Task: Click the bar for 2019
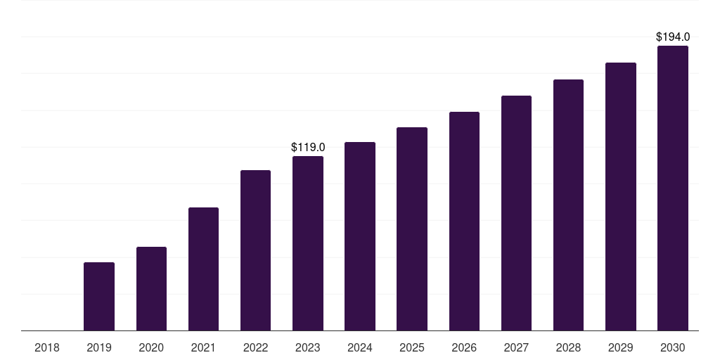(x=99, y=296)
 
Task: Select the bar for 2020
(x=151, y=288)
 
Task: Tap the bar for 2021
(x=203, y=269)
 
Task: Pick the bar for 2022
(x=255, y=250)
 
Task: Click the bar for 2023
(x=308, y=243)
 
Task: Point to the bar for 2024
(x=360, y=236)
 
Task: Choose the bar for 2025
(x=412, y=229)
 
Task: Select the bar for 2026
(x=464, y=221)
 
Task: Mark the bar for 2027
(x=516, y=213)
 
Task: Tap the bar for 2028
(x=568, y=205)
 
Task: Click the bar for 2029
(x=621, y=196)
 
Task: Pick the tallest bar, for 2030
(x=673, y=188)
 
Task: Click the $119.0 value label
(x=308, y=148)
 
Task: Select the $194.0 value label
(x=673, y=37)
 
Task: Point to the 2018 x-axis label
(x=47, y=347)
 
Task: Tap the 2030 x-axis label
(x=673, y=347)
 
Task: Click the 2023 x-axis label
(x=308, y=347)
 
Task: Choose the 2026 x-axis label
(x=464, y=347)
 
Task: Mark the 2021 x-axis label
(x=203, y=347)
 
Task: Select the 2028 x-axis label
(x=568, y=347)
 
